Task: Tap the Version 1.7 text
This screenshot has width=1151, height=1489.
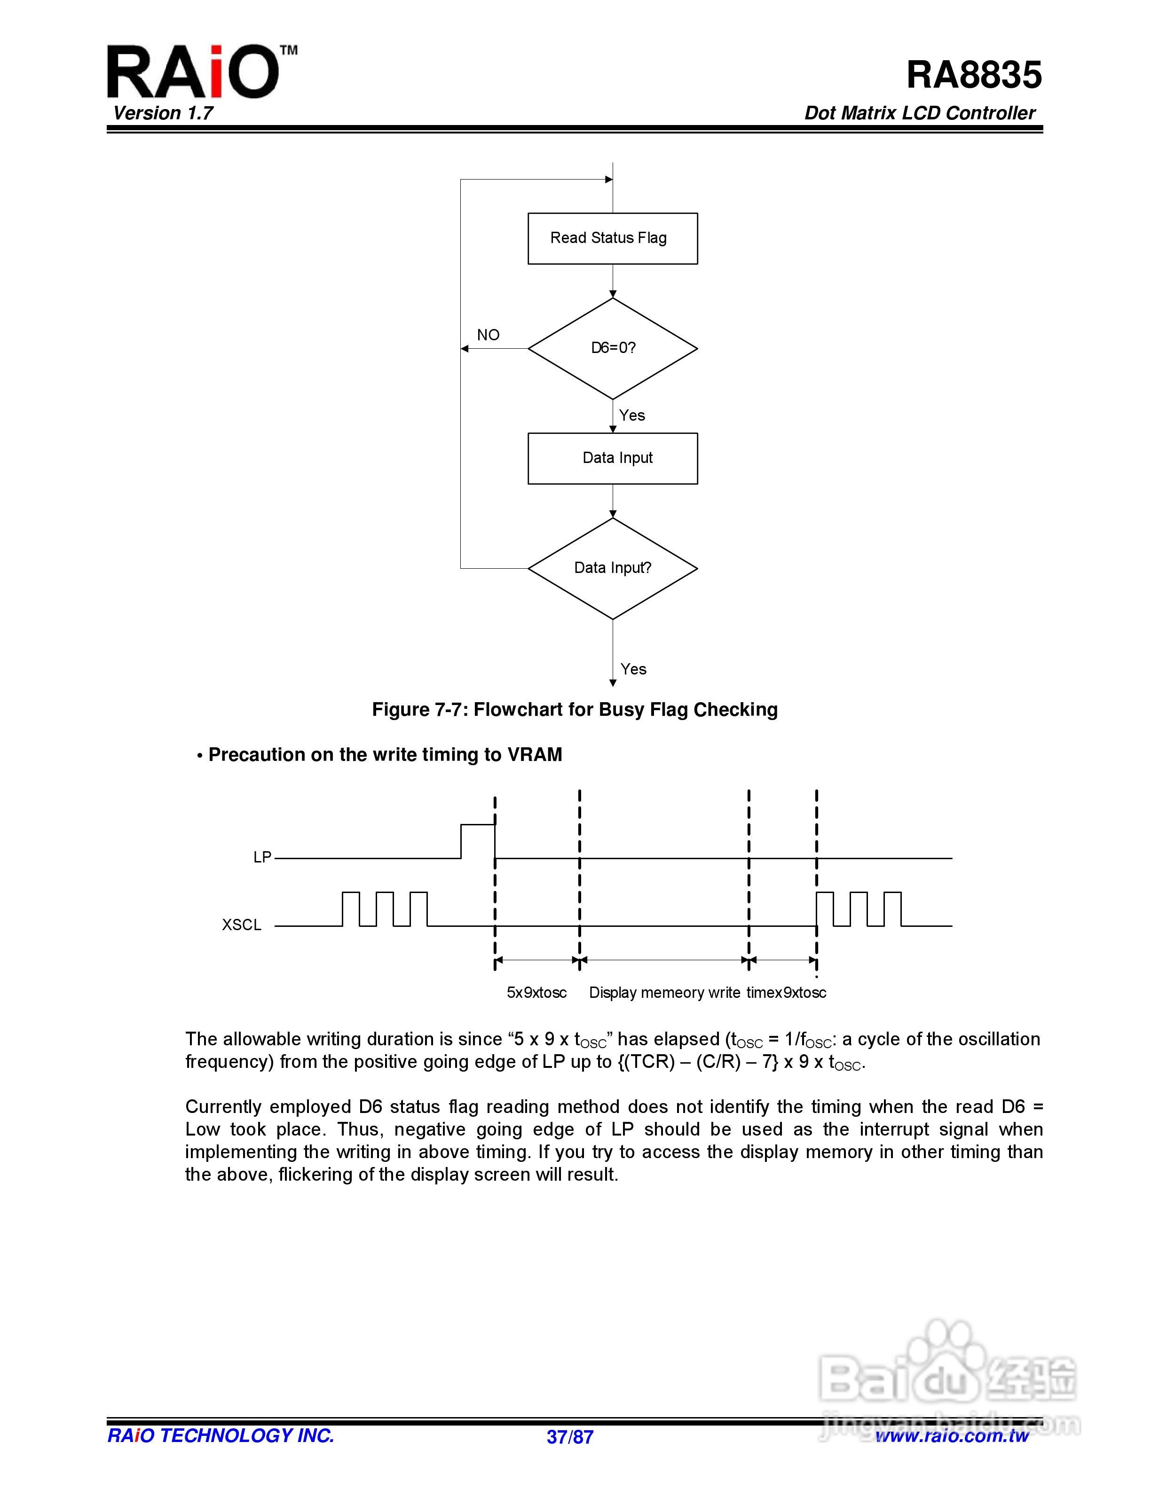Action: (x=163, y=113)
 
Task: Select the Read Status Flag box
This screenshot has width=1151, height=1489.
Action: (x=612, y=238)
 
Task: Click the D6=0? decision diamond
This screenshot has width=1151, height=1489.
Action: (x=612, y=348)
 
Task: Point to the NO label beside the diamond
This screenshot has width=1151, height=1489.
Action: (x=488, y=335)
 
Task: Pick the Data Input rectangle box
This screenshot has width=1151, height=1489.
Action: (x=612, y=458)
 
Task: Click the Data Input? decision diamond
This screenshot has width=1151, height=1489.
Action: (x=612, y=568)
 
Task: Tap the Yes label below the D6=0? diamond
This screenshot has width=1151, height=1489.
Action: (x=632, y=415)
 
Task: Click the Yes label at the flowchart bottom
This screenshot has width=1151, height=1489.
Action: (x=633, y=669)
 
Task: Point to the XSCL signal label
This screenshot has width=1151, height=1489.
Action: (x=241, y=925)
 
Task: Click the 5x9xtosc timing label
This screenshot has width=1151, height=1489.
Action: (x=536, y=993)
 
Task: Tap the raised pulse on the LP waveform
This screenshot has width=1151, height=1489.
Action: (x=477, y=826)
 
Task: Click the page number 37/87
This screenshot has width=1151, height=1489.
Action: (x=570, y=1436)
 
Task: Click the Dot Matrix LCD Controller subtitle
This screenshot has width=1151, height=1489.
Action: (x=919, y=113)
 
